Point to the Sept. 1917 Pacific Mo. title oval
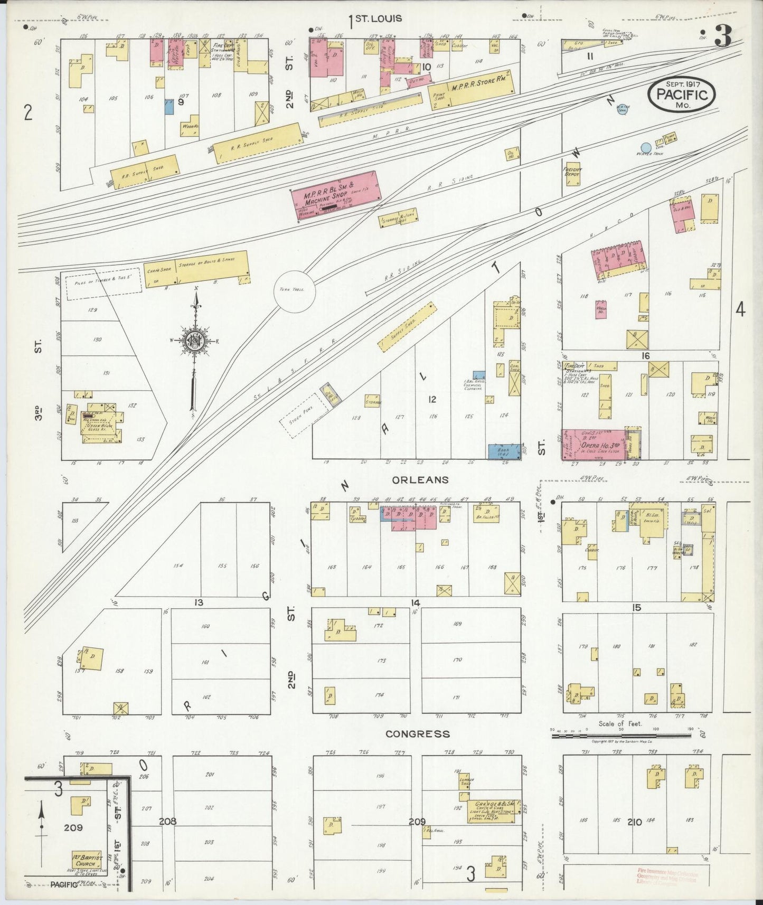(x=682, y=95)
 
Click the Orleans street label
(x=420, y=479)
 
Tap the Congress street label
(x=417, y=733)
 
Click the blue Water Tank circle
(x=645, y=147)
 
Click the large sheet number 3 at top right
(x=722, y=36)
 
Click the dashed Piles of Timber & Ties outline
(x=103, y=280)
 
